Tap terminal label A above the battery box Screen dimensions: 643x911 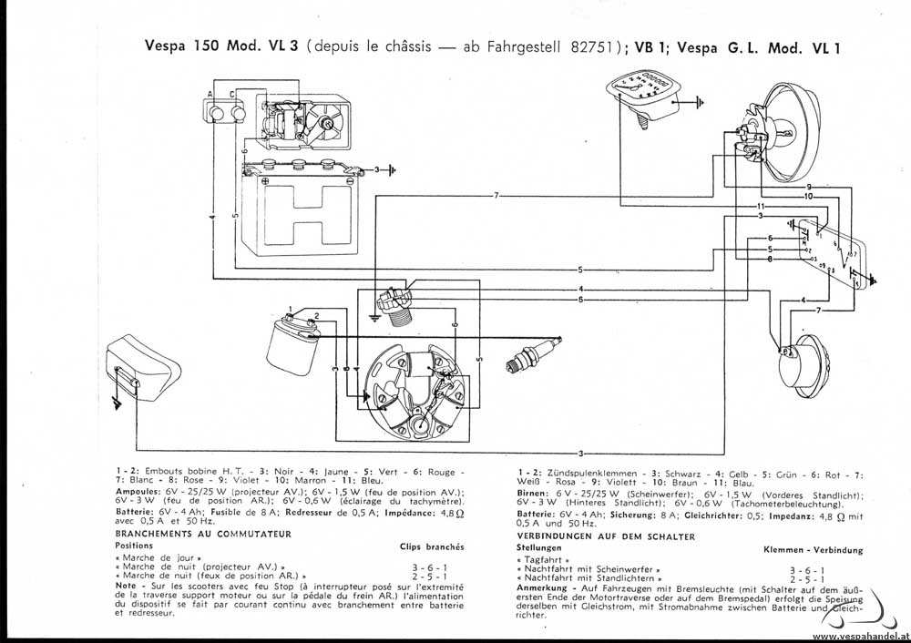[x=210, y=96]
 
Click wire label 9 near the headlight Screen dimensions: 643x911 [x=808, y=187]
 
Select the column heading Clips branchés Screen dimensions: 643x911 [x=432, y=546]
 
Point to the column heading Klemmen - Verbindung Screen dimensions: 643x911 [x=814, y=550]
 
